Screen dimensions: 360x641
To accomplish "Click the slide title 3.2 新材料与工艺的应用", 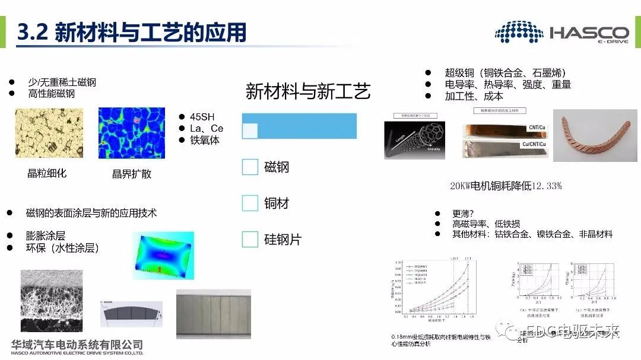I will (x=132, y=32).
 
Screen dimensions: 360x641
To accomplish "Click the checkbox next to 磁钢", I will (x=250, y=167).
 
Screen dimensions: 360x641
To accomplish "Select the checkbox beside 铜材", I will (x=250, y=203).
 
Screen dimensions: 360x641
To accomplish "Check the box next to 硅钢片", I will (x=250, y=240).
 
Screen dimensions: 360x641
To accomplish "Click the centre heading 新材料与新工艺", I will (x=308, y=91).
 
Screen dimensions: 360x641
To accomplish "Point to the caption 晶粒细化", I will (x=47, y=173).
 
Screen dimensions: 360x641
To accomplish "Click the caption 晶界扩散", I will (x=132, y=174).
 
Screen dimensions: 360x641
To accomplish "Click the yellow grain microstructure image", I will (x=45, y=133).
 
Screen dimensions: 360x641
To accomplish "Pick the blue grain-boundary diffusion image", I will (x=131, y=133).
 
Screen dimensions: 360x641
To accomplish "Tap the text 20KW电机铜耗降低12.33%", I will (x=506, y=186).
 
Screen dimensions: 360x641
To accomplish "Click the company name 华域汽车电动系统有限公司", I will (x=77, y=343).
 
